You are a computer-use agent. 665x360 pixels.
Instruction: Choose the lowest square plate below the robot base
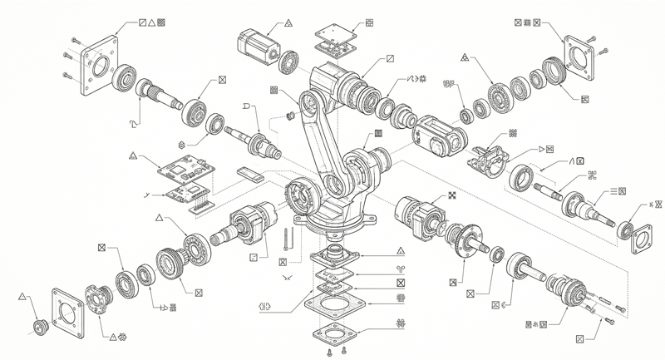(x=334, y=337)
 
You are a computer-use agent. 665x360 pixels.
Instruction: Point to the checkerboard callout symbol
(x=452, y=195)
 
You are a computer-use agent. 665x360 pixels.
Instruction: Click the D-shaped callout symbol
(x=245, y=107)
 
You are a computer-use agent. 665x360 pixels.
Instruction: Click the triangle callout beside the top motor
(x=288, y=23)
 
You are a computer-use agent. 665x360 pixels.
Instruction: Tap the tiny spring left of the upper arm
(x=291, y=115)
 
